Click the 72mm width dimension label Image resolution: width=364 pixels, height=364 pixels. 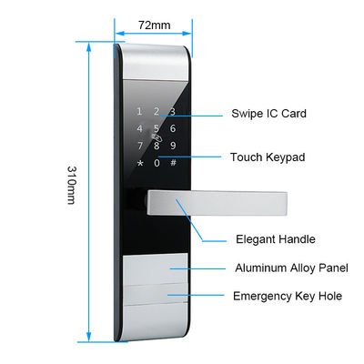click(x=155, y=25)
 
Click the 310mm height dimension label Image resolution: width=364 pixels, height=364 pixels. click(x=71, y=185)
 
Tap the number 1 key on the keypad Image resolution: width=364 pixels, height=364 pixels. click(x=139, y=112)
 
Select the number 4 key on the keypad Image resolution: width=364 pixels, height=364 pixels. click(x=139, y=128)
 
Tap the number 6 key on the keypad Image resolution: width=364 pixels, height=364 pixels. click(x=173, y=128)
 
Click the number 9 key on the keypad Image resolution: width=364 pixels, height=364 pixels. click(x=173, y=146)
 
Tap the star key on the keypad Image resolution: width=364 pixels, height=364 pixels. click(x=140, y=163)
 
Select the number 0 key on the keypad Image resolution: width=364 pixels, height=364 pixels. click(x=157, y=163)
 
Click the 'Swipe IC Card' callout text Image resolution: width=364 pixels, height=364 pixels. click(x=268, y=114)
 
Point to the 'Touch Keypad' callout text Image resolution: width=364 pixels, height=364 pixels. click(x=268, y=157)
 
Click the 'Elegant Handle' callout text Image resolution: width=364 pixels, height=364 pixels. click(x=276, y=239)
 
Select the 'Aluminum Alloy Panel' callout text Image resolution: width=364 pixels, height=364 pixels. click(x=291, y=268)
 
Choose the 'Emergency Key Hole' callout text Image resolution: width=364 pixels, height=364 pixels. click(x=288, y=296)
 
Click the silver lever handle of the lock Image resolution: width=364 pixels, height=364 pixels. click(x=217, y=204)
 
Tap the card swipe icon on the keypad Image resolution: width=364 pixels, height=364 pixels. click(x=157, y=138)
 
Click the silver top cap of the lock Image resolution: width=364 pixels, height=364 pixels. click(x=156, y=62)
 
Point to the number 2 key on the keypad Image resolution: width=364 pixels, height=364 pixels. click(x=157, y=112)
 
